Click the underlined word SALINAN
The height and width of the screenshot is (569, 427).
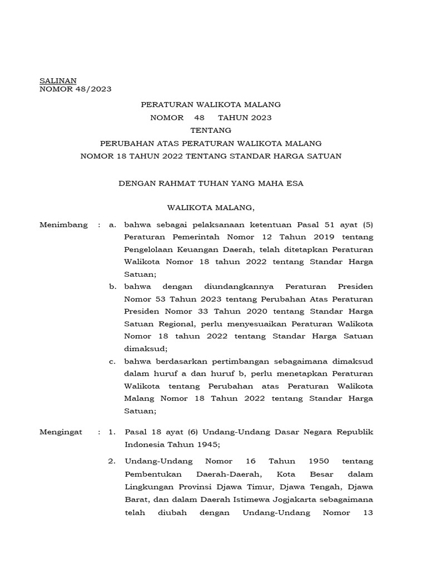click(x=58, y=81)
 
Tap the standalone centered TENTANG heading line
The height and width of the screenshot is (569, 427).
click(x=211, y=130)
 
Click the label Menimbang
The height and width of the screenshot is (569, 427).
click(x=64, y=224)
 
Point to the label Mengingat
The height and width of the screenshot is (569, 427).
click(x=61, y=431)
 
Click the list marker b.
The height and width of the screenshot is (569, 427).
click(x=113, y=287)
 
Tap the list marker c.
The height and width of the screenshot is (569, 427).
click(x=113, y=361)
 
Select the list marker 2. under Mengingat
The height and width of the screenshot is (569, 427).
click(x=112, y=461)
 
